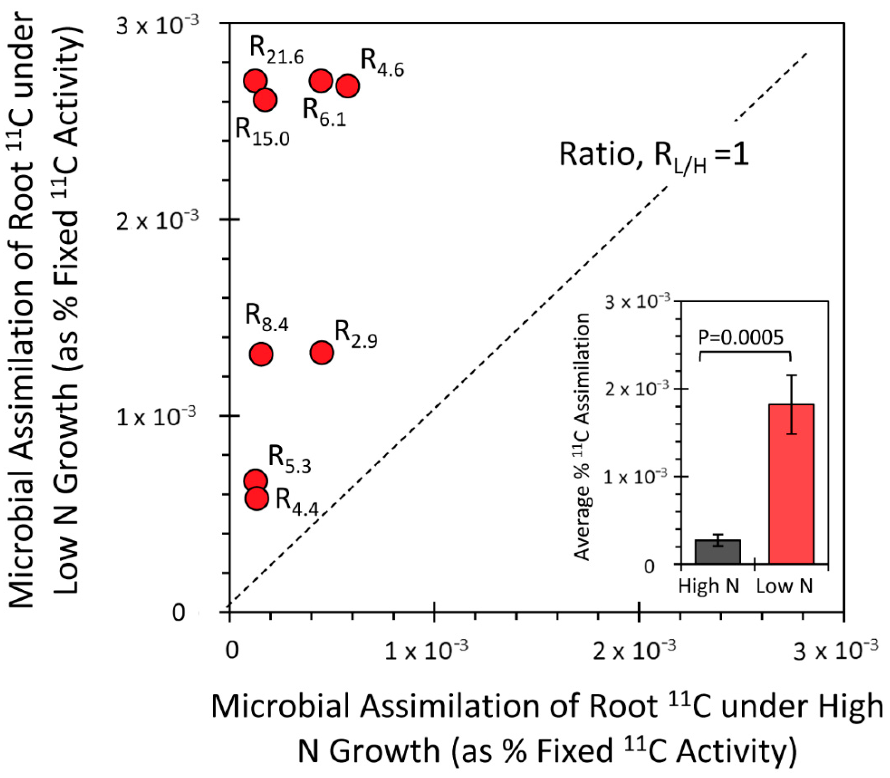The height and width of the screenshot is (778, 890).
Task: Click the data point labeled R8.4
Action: (x=261, y=354)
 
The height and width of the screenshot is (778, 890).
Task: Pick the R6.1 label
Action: (x=324, y=112)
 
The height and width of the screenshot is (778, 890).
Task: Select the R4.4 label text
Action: (x=297, y=502)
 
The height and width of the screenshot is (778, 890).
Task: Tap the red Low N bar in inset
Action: (x=791, y=484)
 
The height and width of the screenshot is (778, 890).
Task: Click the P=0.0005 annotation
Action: (x=741, y=338)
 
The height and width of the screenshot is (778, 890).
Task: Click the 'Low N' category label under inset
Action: (x=784, y=586)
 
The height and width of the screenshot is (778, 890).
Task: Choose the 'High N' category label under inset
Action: (x=709, y=586)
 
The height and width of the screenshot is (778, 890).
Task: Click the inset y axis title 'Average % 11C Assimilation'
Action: (x=582, y=436)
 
